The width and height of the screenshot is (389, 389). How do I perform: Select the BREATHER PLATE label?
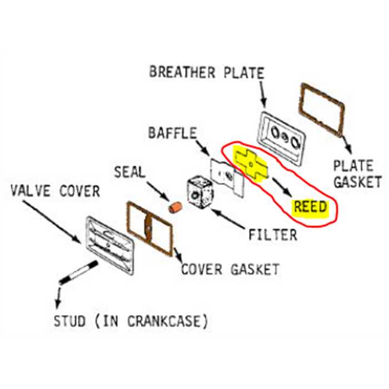pyautogui.click(x=206, y=72)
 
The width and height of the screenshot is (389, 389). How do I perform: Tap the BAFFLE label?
pyautogui.click(x=172, y=133)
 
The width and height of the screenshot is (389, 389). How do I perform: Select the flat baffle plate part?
pyautogui.click(x=228, y=177)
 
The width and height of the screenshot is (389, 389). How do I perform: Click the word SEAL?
pyautogui.click(x=129, y=172)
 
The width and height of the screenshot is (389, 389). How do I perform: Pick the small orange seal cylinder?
pyautogui.click(x=176, y=208)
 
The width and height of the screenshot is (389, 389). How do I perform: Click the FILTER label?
pyautogui.click(x=272, y=235)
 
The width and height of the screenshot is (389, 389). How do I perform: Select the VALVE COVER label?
pyautogui.click(x=55, y=192)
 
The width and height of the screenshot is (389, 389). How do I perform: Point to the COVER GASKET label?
pyautogui.click(x=230, y=270)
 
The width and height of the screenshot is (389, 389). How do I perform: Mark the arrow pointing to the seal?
pyautogui.click(x=158, y=190)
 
